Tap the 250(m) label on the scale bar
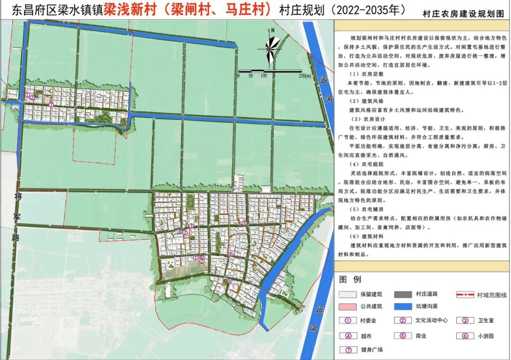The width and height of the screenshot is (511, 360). click(x=301, y=75)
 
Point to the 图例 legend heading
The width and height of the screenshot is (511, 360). click(x=350, y=279)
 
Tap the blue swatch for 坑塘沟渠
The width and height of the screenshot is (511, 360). click(x=406, y=307)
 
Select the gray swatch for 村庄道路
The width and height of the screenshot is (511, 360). click(x=406, y=294)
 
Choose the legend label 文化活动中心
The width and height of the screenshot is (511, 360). click(x=431, y=321)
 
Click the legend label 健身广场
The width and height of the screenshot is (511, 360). click(x=370, y=350)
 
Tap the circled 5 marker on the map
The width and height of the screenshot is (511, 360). click(x=244, y=223)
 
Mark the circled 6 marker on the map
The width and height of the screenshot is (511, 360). click(x=229, y=281)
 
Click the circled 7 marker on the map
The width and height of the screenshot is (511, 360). click(x=51, y=104)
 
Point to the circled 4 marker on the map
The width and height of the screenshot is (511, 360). click(x=230, y=254)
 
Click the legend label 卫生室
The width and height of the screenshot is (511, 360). click(x=485, y=321)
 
